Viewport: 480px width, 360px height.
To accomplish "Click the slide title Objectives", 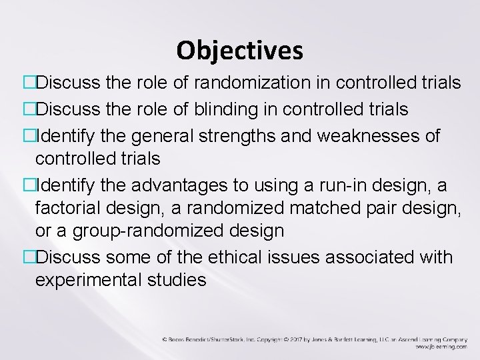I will point(239,50).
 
